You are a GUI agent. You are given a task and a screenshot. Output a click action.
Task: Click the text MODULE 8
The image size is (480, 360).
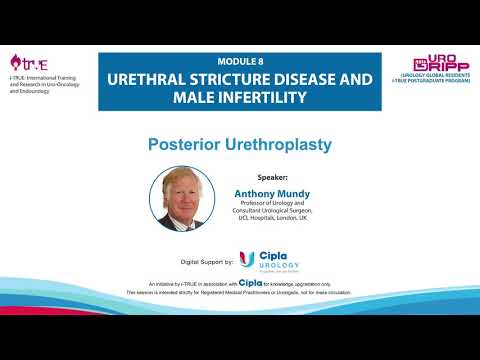[x=239, y=61]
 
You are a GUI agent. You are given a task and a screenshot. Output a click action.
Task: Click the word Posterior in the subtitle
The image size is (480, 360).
[x=185, y=145]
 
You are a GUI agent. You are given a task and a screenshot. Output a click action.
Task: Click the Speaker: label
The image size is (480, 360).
[x=257, y=177]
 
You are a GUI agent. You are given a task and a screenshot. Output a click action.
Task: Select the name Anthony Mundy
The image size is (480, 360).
[x=271, y=194]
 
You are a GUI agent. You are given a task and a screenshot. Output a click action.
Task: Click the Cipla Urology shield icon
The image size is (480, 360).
[x=247, y=261]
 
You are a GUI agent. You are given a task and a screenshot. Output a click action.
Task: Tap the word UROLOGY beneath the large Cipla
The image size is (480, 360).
[x=278, y=267]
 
